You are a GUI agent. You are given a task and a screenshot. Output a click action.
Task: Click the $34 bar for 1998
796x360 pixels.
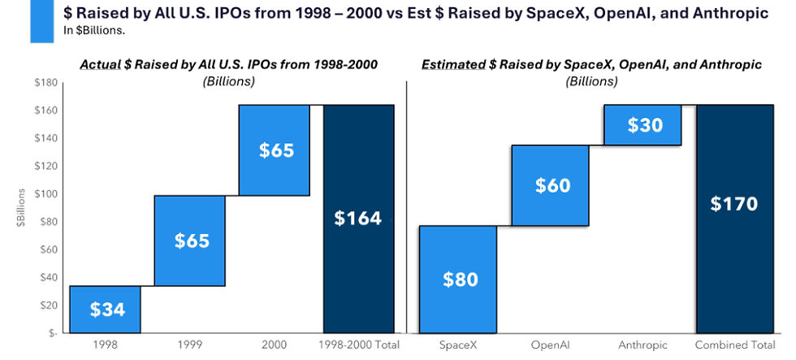pyautogui.click(x=105, y=310)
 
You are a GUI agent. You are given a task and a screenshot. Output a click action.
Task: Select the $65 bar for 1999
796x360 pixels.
pyautogui.click(x=189, y=241)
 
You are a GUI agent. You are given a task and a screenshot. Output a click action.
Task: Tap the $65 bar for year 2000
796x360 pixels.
pyautogui.click(x=275, y=150)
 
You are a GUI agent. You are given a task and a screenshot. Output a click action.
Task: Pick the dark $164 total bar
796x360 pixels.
pyautogui.click(x=358, y=219)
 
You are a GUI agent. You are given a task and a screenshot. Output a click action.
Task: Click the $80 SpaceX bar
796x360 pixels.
pyautogui.click(x=458, y=280)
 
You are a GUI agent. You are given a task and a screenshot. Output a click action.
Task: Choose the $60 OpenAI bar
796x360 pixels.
pyautogui.click(x=551, y=185)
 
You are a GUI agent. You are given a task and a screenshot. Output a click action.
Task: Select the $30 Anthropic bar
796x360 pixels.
pyautogui.click(x=642, y=125)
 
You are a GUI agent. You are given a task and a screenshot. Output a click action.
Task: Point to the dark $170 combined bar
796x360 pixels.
pyautogui.click(x=735, y=219)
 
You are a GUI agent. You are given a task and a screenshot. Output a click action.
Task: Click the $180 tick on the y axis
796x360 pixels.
pyautogui.click(x=45, y=83)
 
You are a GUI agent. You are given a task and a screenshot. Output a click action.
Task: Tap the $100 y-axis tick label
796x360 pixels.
pyautogui.click(x=45, y=194)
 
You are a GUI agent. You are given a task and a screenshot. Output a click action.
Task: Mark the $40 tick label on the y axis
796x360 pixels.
pyautogui.click(x=48, y=278)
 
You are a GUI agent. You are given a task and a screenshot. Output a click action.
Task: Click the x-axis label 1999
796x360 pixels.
pyautogui.click(x=189, y=345)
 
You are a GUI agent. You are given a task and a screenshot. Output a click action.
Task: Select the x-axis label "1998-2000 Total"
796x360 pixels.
pyautogui.click(x=359, y=345)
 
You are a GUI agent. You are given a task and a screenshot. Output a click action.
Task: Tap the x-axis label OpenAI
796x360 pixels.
pyautogui.click(x=551, y=345)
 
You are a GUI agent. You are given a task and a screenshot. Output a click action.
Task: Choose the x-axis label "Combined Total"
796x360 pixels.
pyautogui.click(x=735, y=345)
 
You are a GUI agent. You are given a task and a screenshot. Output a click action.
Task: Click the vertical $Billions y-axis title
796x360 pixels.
pyautogui.click(x=21, y=207)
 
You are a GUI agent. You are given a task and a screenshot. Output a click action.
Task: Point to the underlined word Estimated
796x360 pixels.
pyautogui.click(x=453, y=65)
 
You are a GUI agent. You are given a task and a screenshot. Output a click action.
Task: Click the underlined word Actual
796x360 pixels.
pyautogui.click(x=99, y=65)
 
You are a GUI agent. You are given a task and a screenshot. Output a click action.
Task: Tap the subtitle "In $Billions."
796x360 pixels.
pyautogui.click(x=94, y=30)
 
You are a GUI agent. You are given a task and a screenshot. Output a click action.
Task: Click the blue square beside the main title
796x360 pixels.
pyautogui.click(x=42, y=21)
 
